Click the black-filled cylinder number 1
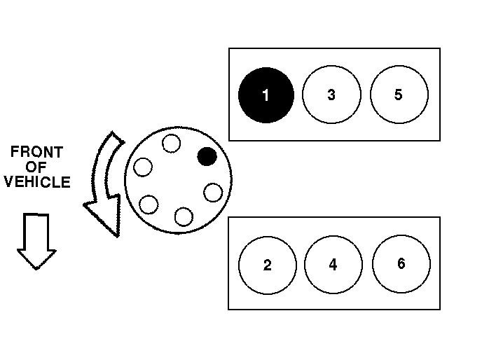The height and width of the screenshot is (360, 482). click(266, 95)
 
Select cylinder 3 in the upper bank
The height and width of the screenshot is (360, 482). click(331, 95)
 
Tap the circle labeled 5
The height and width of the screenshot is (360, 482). click(399, 95)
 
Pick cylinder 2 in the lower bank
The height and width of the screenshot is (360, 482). click(267, 265)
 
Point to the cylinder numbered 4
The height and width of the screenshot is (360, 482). click(333, 265)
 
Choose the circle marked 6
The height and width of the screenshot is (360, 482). click(401, 263)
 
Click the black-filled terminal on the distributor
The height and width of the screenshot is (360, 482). click(207, 156)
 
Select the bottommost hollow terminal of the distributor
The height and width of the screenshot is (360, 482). click(184, 216)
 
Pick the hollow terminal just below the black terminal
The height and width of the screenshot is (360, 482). click(213, 192)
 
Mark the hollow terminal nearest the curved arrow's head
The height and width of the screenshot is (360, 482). click(149, 205)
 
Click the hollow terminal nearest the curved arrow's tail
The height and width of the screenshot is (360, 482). click(143, 167)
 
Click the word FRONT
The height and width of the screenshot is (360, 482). click(37, 152)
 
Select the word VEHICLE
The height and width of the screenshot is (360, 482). click(37, 182)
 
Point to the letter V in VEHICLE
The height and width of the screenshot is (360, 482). click(8, 182)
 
